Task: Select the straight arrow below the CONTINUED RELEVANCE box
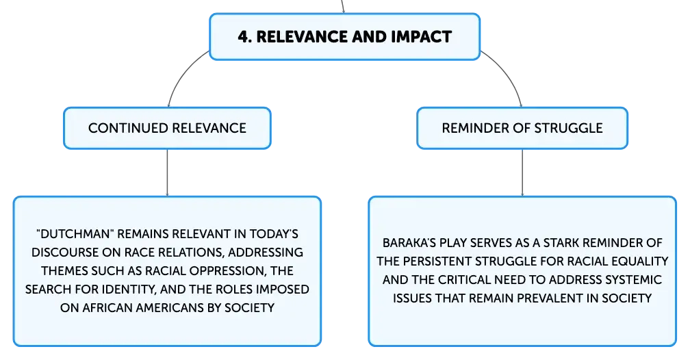pos(167,172)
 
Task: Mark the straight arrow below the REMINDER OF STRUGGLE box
pos(522,172)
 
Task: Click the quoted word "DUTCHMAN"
pos(75,233)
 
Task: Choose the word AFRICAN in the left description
pos(107,307)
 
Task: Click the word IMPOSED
pos(283,289)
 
